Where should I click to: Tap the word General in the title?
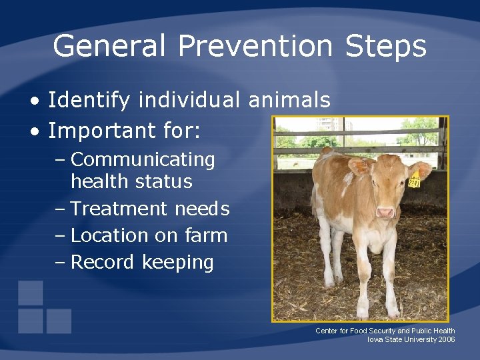(110, 47)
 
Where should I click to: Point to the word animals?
(289, 101)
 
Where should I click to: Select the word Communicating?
(143, 160)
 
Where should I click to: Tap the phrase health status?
(131, 181)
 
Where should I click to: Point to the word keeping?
(178, 263)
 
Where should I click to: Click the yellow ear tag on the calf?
(415, 179)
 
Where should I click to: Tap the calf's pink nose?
(385, 213)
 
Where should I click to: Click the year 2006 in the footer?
(447, 339)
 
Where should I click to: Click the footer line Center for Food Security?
(385, 331)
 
